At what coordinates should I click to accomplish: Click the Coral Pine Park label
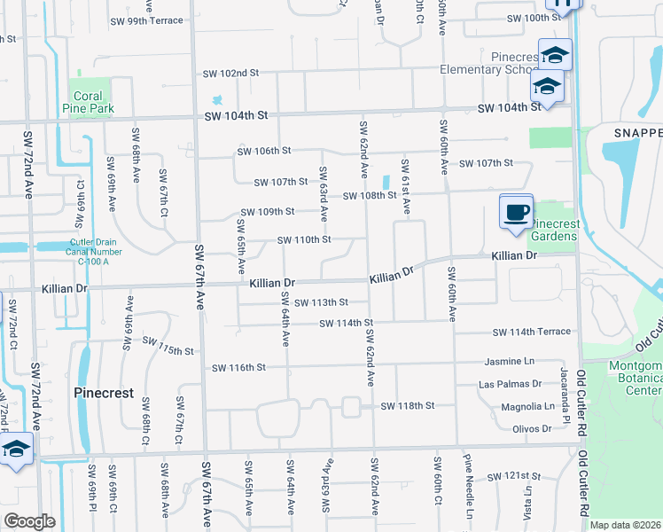(x=89, y=102)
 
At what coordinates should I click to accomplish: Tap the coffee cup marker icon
(x=516, y=213)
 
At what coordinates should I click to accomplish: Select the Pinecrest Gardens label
(x=554, y=230)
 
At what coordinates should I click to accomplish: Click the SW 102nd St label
(x=230, y=74)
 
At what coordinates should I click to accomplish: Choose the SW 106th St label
(x=263, y=151)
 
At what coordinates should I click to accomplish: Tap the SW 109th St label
(x=267, y=212)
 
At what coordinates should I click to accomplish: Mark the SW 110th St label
(x=304, y=239)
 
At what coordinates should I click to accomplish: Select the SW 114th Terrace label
(x=532, y=332)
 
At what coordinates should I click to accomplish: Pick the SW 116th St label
(x=238, y=367)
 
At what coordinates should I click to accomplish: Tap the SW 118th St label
(x=407, y=406)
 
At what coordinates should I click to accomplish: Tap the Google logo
(x=28, y=521)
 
